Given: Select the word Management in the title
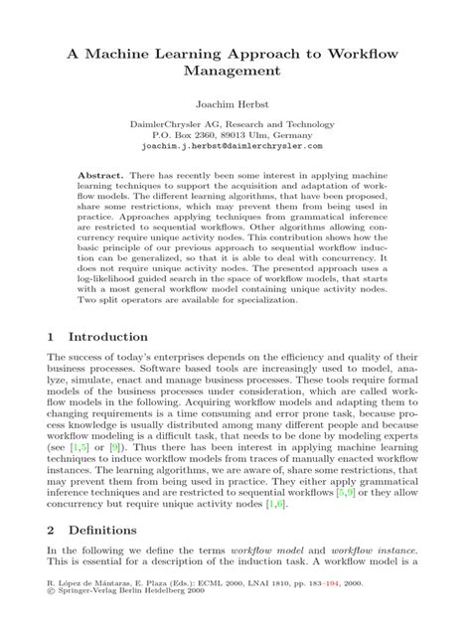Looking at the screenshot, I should coord(235,71).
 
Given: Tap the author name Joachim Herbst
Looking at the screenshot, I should coord(235,101).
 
